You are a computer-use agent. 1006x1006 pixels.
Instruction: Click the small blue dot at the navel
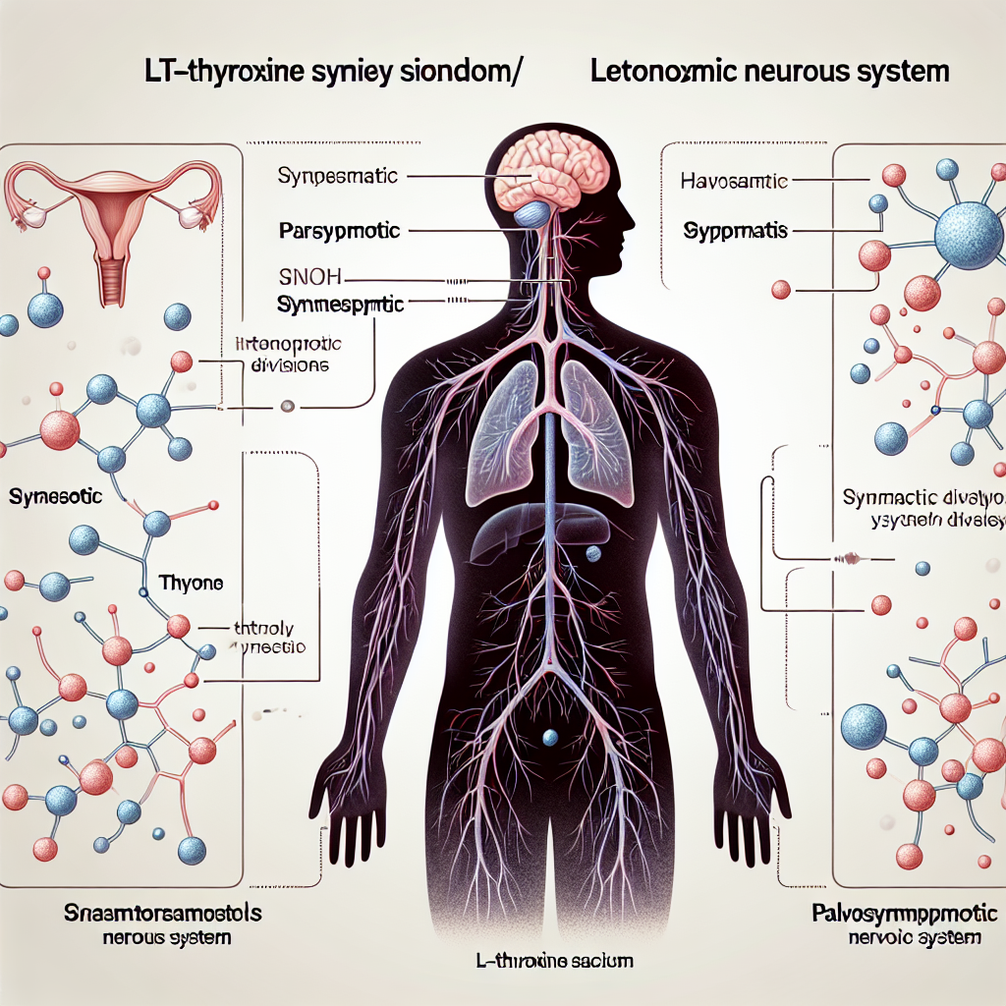(x=550, y=735)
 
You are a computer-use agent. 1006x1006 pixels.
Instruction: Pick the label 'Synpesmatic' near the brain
(x=337, y=177)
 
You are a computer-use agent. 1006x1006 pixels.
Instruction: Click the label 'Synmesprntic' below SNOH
(x=340, y=306)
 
